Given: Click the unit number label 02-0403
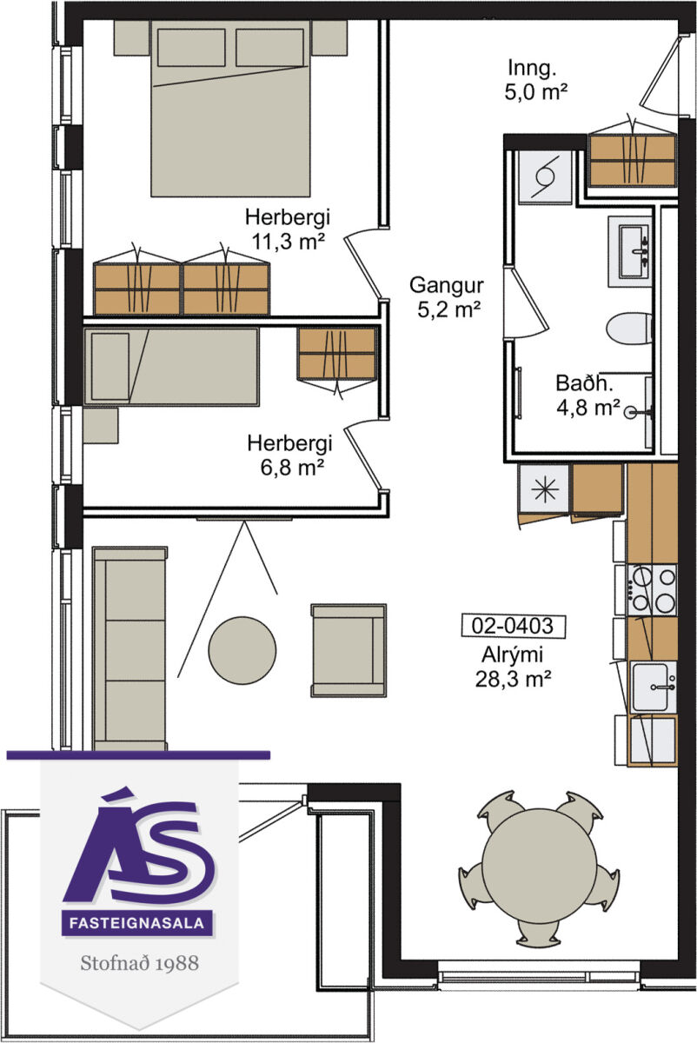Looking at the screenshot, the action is click(x=513, y=626).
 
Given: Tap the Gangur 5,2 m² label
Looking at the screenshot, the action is click(x=447, y=297).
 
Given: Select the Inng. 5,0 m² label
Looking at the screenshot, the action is click(x=535, y=80).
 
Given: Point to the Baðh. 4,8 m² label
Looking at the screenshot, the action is click(x=588, y=395).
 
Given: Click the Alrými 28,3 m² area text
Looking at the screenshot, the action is click(x=513, y=667).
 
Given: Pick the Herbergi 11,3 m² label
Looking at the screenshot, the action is click(x=288, y=229).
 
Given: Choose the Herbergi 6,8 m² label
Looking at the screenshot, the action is click(x=289, y=455).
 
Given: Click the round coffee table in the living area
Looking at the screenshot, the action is click(x=242, y=650).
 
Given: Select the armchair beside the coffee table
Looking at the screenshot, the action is click(x=348, y=650).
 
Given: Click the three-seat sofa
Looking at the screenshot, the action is click(x=129, y=648).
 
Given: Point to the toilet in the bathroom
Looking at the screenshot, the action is click(x=629, y=329).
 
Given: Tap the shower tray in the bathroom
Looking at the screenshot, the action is click(x=545, y=176).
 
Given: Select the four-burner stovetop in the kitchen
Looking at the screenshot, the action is click(x=652, y=590).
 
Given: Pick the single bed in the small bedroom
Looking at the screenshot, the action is click(x=171, y=367).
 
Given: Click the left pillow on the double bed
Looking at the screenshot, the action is click(x=191, y=47).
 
